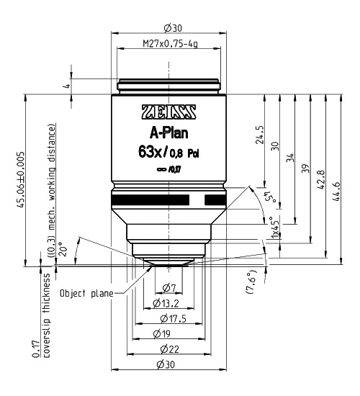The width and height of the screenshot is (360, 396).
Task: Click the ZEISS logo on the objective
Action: click(168, 113)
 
